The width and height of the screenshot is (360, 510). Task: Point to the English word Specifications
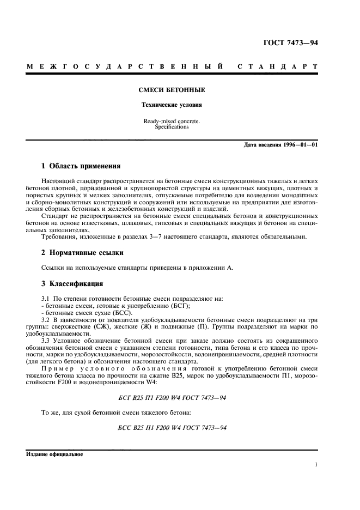pos(172,127)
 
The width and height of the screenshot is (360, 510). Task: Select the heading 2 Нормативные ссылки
pos(82,253)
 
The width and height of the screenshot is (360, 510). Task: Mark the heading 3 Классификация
pos(72,284)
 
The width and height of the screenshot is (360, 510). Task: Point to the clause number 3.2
pos(47,319)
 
